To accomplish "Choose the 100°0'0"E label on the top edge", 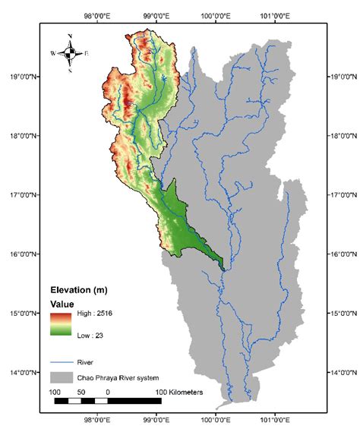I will pyautogui.click(x=216, y=13).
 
